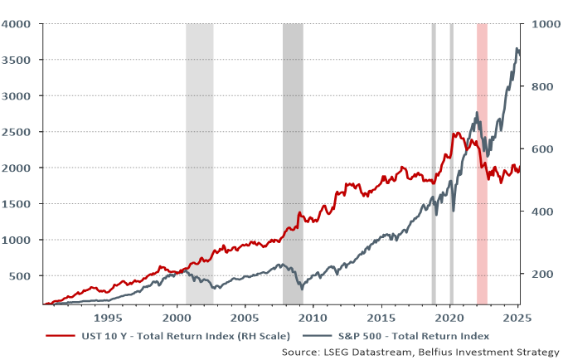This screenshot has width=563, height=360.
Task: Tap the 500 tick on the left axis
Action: pos(22,275)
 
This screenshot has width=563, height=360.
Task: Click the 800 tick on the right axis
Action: pos(541,87)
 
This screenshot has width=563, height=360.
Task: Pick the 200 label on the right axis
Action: pos(541,275)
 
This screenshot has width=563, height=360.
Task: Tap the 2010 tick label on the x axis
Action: pos(313,318)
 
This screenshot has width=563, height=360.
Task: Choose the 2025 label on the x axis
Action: pos(518,318)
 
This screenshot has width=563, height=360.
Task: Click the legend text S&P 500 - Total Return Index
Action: pos(415,336)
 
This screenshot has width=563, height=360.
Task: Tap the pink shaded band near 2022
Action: pos(482,166)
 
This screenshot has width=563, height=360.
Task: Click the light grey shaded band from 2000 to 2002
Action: pos(199,166)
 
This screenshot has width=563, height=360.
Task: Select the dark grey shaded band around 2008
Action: pos(294,166)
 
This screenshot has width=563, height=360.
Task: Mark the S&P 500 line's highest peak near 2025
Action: pos(517,49)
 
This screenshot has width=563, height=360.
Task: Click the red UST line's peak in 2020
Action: pos(456,132)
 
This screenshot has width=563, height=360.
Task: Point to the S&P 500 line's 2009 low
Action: pos(302,289)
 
